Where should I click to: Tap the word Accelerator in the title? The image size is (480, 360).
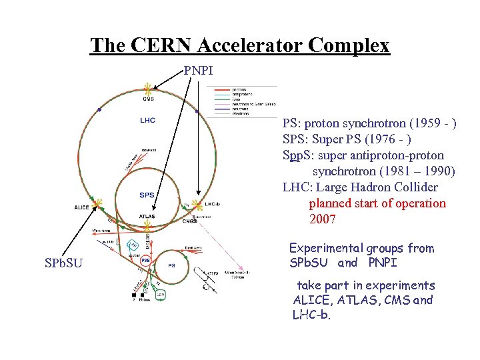pos(238,45)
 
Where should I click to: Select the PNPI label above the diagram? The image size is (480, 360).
pos(199,69)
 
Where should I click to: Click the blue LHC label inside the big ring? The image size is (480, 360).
pos(147,120)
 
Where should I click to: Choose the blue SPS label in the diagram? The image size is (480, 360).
pos(147,195)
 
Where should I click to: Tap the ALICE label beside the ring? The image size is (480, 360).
pos(82,207)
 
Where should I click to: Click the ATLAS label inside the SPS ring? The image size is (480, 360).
pos(147,216)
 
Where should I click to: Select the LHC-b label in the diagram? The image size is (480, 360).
pos(213,204)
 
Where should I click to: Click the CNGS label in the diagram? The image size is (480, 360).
pos(190,221)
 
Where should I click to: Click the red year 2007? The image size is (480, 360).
pos(323,219)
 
